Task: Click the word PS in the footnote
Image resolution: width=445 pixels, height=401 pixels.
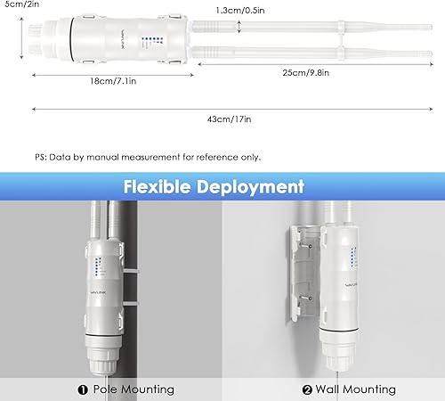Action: click(x=41, y=156)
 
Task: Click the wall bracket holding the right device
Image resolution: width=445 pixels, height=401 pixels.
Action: click(x=303, y=267)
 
